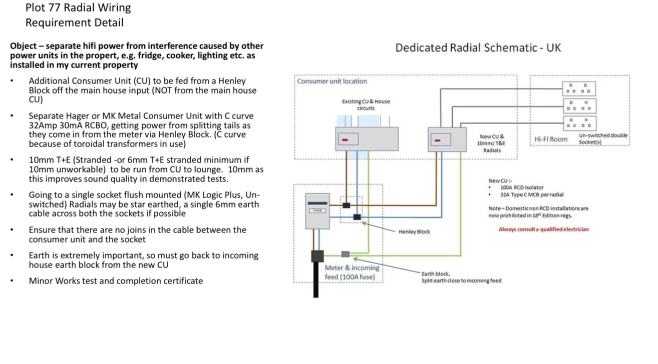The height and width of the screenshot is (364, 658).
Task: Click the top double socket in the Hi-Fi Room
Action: pos(579,88)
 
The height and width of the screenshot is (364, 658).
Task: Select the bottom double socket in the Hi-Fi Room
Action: pos(579,122)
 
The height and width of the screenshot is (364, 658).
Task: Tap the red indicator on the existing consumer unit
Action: pos(344,139)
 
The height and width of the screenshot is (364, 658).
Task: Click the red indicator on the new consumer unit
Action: pos(437,140)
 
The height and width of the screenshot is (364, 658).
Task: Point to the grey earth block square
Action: pos(345,254)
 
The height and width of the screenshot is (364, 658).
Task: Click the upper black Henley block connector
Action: pos(346,205)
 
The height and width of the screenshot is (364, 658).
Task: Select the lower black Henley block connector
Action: pos(357,217)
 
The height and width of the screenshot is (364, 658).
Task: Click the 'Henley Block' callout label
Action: pos(414,231)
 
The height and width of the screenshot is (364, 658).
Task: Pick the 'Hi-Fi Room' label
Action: pos(551,138)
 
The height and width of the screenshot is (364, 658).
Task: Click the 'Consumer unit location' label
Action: pos(332,81)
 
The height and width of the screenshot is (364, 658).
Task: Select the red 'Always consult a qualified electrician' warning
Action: pos(543,229)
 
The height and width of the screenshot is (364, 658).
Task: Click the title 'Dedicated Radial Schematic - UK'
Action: pos(478,48)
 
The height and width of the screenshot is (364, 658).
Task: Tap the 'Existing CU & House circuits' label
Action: pos(366,104)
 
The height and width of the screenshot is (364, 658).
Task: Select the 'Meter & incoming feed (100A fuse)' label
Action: pos(352,272)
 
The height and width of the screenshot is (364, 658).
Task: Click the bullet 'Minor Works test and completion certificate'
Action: pos(116,280)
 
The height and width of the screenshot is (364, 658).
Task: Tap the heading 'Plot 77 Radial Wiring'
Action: pos(78,7)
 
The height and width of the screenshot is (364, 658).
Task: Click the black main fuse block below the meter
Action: pos(317,256)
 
